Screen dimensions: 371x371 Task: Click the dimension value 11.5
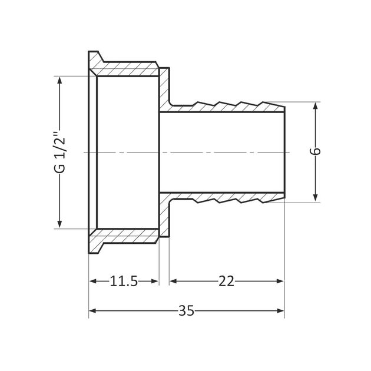124,281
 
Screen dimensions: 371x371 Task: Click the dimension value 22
226,281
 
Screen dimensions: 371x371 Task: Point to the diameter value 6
316,151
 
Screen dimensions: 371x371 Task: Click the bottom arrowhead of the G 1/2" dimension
59,224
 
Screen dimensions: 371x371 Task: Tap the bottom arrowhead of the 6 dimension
316,198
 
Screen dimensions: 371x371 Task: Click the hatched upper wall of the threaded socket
127,68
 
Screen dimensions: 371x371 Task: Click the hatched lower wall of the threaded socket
127,236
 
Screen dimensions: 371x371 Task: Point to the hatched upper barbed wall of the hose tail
224,107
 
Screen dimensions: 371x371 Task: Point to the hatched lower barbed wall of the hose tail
224,197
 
